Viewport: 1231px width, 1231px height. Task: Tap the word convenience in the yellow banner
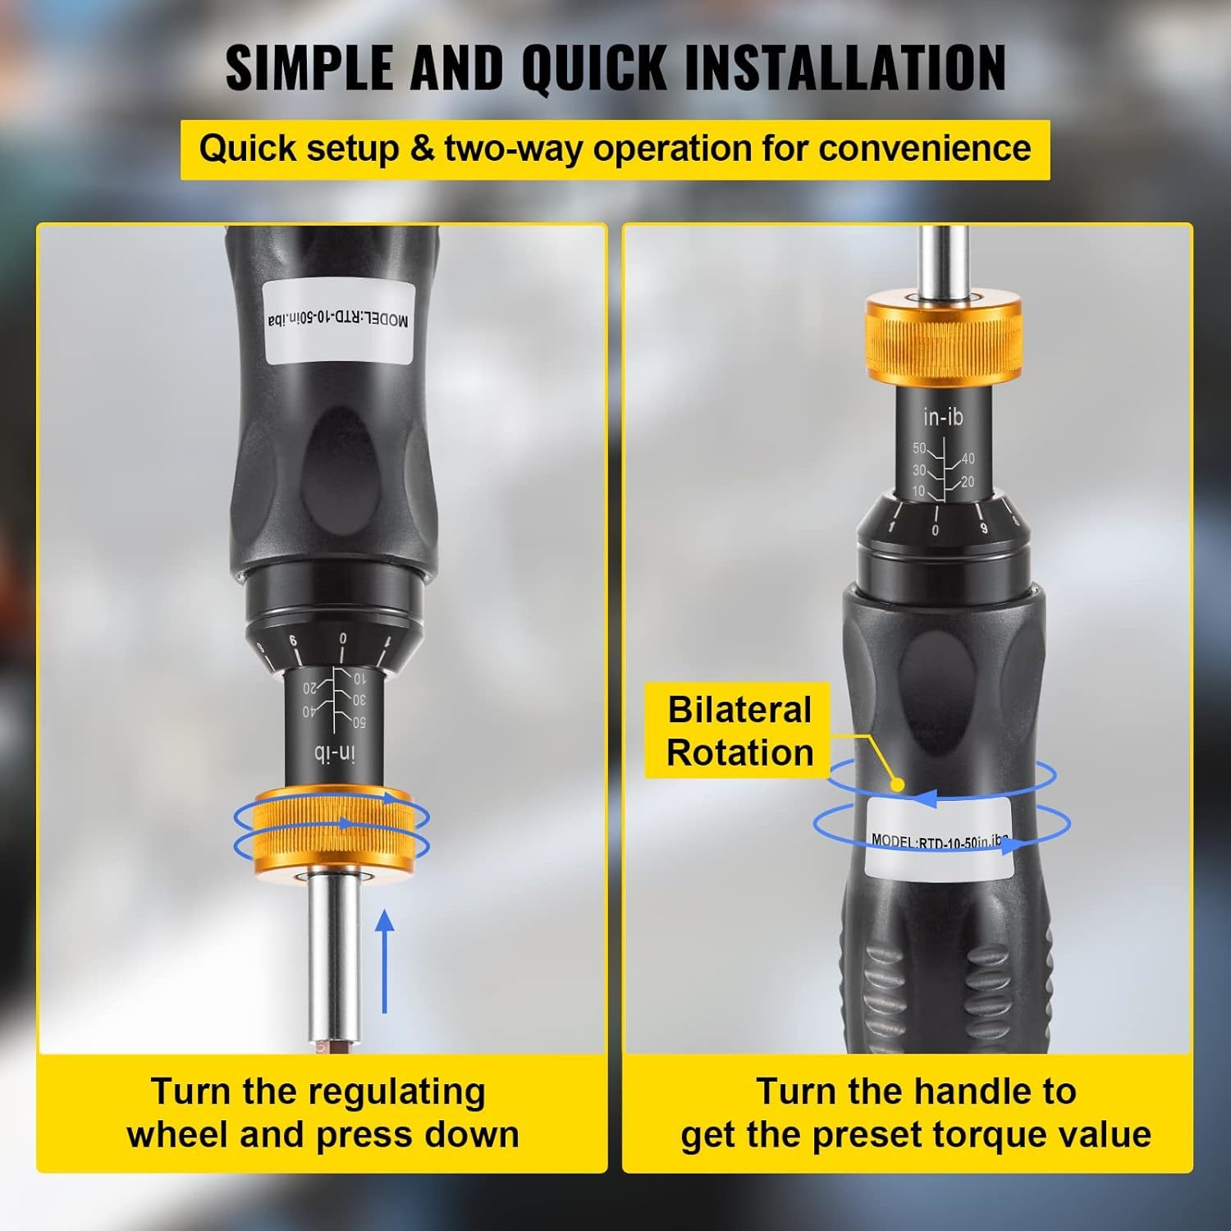925,149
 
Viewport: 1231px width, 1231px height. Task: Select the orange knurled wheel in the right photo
943,337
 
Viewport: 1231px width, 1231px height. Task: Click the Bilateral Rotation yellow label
739,730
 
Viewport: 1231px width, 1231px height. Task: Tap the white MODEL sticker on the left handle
337,320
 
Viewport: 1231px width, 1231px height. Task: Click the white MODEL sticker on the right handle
939,833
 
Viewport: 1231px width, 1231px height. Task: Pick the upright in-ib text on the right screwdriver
942,418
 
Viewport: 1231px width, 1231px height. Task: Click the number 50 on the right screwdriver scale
919,449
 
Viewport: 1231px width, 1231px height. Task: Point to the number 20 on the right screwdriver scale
968,483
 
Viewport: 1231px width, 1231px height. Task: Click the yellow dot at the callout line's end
898,785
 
